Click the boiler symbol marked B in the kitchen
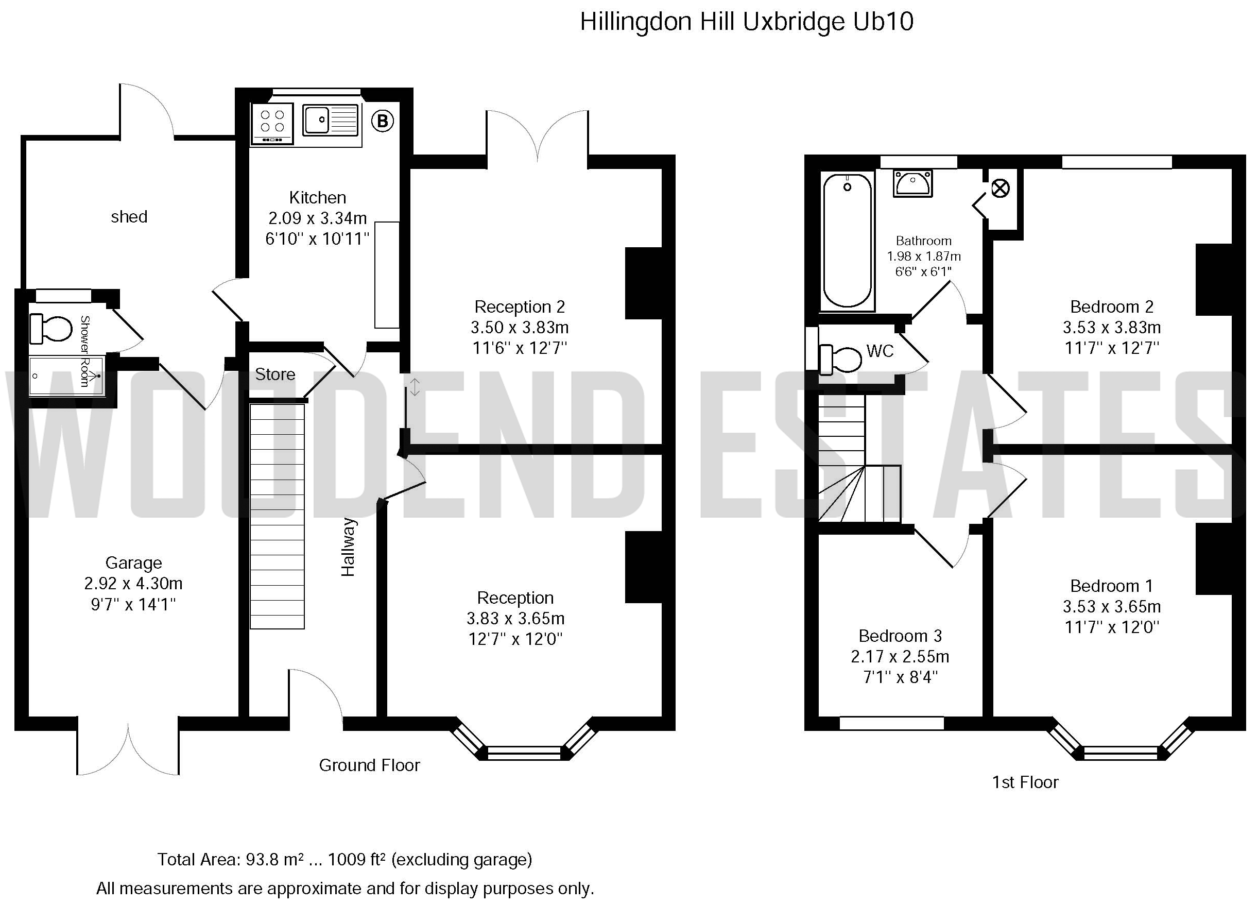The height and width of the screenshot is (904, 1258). (382, 121)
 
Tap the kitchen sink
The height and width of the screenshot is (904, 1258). (331, 120)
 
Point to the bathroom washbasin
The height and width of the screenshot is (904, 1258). (912, 184)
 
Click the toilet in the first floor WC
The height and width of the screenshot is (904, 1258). (840, 359)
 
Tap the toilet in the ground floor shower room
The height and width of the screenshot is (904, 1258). (50, 329)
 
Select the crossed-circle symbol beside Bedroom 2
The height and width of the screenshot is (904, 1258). (1000, 189)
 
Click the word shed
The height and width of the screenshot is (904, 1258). (129, 216)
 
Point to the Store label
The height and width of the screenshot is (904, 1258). (275, 374)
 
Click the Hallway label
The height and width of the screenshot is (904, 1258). (348, 547)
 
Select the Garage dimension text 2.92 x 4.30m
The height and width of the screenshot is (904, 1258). (133, 583)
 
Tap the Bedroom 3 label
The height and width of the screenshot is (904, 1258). (900, 636)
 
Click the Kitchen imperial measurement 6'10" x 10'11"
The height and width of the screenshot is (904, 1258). (317, 238)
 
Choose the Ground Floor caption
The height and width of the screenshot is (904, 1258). (369, 765)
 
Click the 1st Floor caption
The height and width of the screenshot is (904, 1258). (1025, 782)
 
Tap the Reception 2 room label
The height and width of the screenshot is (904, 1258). (520, 306)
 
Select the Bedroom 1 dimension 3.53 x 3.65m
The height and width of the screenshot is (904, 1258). (1112, 607)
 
